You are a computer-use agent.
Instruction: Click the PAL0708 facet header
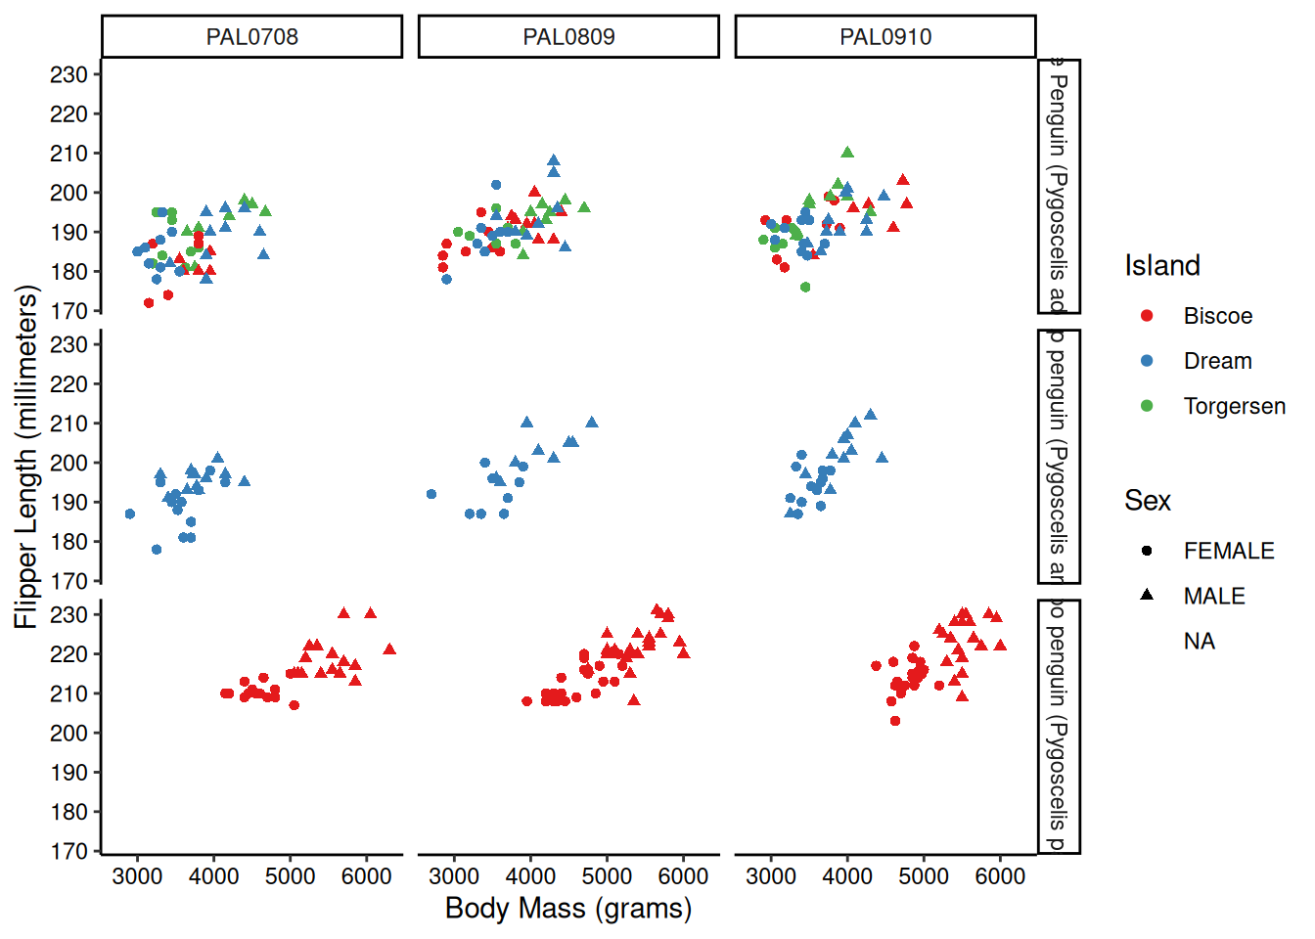pos(251,37)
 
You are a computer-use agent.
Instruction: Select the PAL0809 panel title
pos(568,37)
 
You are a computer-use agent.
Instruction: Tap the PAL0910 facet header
pos(885,37)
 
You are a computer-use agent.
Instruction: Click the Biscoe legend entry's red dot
pos(1147,316)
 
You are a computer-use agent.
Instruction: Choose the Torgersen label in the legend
pos(1234,406)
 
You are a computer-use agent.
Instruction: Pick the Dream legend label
pos(1217,361)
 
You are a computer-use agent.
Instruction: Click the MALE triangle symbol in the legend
pos(1147,595)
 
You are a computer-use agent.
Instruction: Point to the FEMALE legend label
pos(1229,551)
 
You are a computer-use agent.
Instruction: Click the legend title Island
pos(1161,266)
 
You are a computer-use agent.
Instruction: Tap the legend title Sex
pos(1147,501)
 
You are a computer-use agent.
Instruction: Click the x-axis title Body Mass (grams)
pos(568,909)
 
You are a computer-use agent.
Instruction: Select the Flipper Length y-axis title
pos(26,457)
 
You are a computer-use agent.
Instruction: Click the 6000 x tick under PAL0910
pos(1000,876)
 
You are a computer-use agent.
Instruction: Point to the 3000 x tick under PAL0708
pos(137,876)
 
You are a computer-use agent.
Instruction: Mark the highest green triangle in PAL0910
pos(847,153)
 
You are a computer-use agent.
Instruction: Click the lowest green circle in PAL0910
pos(805,288)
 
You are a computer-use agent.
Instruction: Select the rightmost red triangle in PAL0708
pos(389,649)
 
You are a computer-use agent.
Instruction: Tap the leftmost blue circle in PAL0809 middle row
pos(431,494)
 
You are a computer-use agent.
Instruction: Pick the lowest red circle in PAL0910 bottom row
pos(895,721)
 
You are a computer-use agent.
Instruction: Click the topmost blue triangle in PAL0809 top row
pos(554,160)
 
